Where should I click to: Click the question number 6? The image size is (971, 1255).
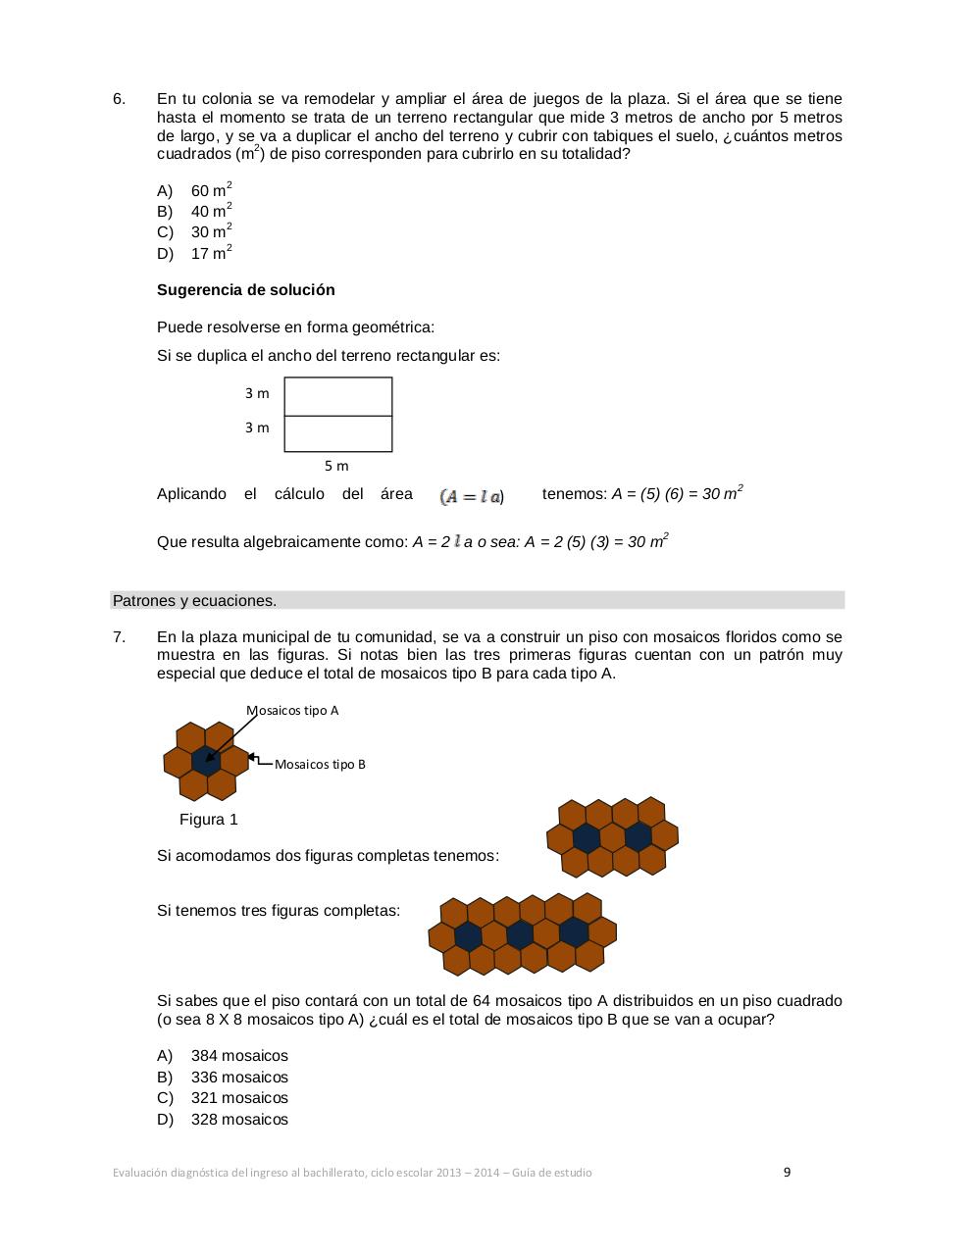pos(119,99)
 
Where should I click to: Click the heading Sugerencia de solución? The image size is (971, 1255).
pos(245,290)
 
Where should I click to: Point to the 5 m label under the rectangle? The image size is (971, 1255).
pos(336,466)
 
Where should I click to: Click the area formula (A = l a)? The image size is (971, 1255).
pos(472,496)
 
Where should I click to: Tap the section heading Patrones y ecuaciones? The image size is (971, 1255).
pos(194,601)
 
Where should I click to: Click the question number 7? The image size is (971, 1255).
pos(119,637)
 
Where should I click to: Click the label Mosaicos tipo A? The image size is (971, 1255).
pos(292,711)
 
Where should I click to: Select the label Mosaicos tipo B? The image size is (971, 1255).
pos(320,765)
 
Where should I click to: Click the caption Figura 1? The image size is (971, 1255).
pos(209,820)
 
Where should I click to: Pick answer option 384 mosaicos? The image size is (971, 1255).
pos(239,1056)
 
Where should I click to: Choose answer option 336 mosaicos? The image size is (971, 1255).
pos(239,1078)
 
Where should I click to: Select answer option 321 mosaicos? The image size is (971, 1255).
pos(239,1098)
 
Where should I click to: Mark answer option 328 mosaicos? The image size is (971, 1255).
pos(239,1120)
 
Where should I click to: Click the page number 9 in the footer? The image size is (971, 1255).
pos(787,1172)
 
